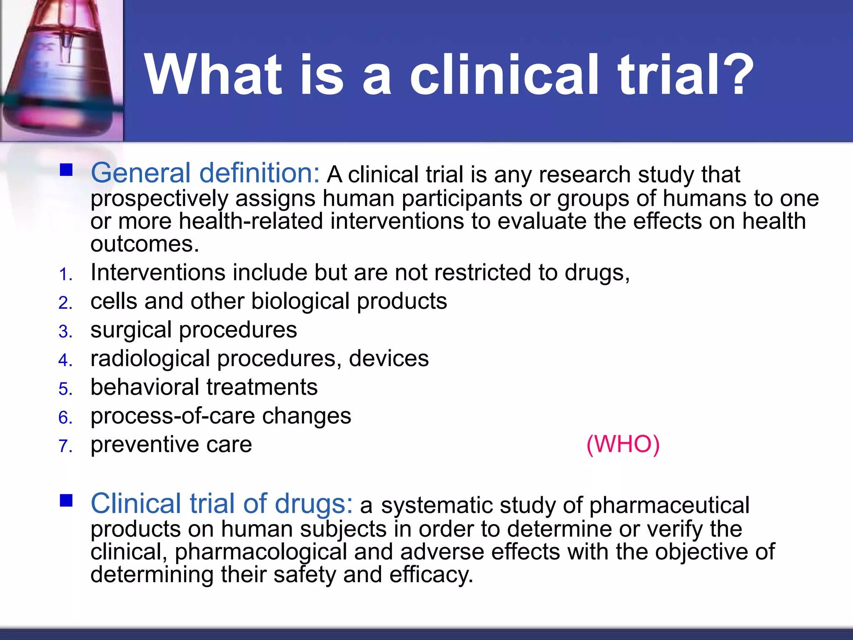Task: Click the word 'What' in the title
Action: coord(212,75)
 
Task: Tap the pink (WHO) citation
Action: coord(623,444)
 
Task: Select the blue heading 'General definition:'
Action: coord(205,173)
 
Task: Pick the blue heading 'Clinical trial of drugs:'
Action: coord(222,503)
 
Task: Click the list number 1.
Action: coord(65,275)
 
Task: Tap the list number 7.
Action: coord(65,446)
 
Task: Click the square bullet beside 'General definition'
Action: coord(66,170)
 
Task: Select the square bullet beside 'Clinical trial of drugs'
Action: coord(66,500)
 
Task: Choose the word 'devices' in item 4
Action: coord(389,359)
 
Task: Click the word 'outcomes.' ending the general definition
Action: coord(145,244)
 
